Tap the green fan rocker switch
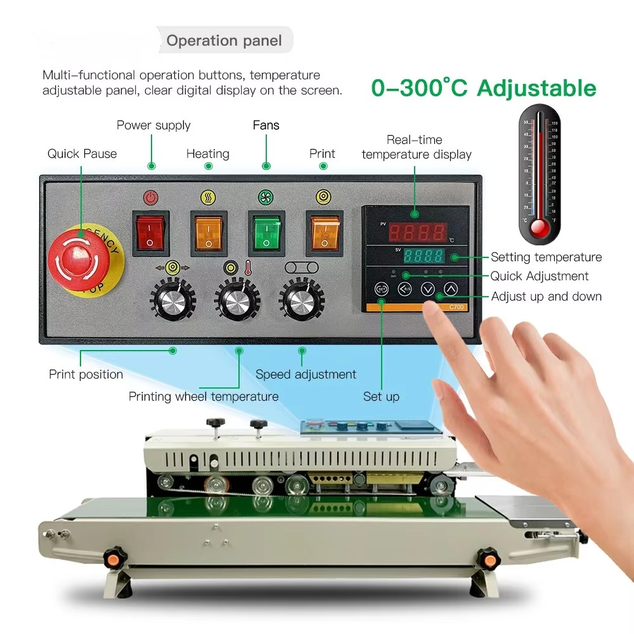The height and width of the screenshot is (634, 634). [x=266, y=231]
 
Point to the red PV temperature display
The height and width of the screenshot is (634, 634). [x=417, y=233]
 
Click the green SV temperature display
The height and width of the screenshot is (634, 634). [x=424, y=257]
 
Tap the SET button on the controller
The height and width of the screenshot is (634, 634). [x=381, y=289]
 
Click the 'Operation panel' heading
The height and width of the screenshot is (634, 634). [x=224, y=41]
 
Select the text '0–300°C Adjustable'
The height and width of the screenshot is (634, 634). [x=484, y=88]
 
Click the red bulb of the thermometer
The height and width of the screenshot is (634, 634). [x=540, y=228]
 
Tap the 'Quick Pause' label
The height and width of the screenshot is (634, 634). [x=82, y=153]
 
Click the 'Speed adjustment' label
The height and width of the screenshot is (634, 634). [x=306, y=374]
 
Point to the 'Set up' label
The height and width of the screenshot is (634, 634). [x=381, y=396]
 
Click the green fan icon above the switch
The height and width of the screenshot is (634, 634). [x=266, y=197]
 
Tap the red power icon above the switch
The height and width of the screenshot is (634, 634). [x=150, y=197]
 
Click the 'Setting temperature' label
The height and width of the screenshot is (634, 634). [x=546, y=257]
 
